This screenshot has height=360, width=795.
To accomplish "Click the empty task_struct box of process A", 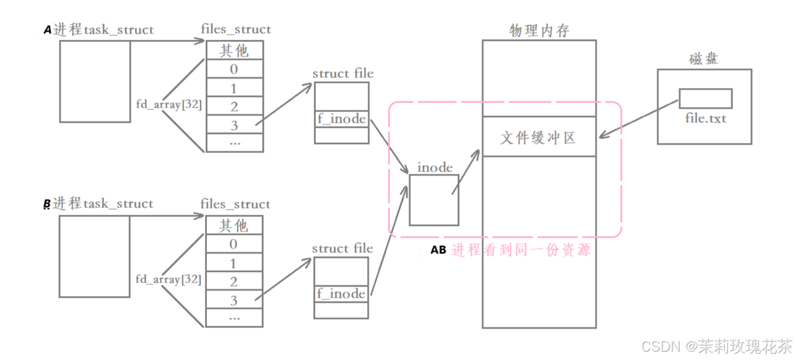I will click(x=95, y=82).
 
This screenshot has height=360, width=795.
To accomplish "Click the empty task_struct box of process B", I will click(x=94, y=257).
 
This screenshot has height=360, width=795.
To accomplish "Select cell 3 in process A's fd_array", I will click(x=234, y=125).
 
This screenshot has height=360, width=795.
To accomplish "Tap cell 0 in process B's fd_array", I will click(x=234, y=244).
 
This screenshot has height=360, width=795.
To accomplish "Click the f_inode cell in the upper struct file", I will click(x=341, y=119).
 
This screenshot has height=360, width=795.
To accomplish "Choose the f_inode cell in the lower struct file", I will click(x=341, y=294).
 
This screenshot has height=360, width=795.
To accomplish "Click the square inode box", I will click(x=434, y=200).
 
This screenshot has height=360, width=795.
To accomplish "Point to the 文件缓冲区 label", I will click(x=539, y=137).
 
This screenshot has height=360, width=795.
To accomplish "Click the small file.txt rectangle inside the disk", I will click(x=705, y=99).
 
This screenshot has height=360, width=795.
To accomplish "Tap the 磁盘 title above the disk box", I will click(x=704, y=60).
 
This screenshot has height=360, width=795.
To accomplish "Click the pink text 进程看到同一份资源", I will click(x=521, y=251).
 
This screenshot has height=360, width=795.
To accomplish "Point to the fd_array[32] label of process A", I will click(x=169, y=104).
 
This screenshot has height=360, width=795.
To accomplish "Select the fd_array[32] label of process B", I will click(x=168, y=279).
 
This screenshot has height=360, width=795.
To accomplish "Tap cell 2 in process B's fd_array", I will click(x=234, y=282).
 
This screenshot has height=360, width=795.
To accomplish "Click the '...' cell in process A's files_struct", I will click(x=234, y=142).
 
